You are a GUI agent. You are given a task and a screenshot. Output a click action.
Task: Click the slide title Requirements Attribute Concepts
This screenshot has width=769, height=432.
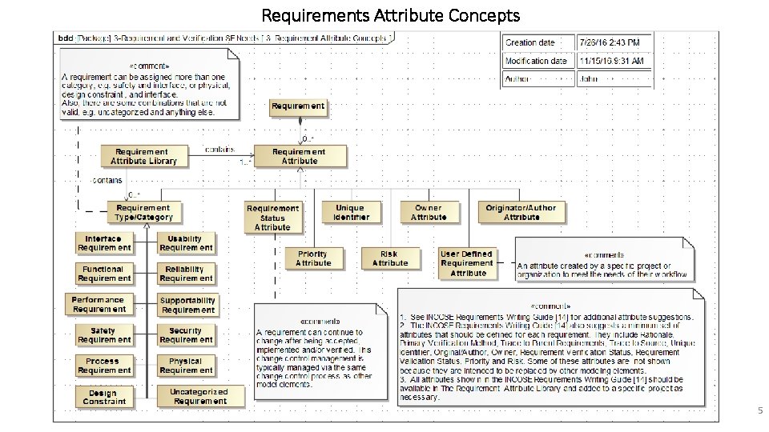[391, 14]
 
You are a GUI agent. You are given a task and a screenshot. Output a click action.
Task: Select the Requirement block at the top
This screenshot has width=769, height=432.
[298, 106]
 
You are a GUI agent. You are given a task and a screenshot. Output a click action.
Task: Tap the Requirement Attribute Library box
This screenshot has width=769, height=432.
[144, 156]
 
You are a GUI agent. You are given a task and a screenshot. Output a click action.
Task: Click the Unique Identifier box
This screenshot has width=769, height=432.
[350, 212]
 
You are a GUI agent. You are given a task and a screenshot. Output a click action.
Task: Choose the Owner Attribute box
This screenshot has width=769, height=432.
[429, 212]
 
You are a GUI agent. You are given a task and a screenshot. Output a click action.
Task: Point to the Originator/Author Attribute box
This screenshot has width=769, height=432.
[521, 212]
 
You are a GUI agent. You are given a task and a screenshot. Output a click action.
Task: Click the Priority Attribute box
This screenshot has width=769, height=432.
[312, 258]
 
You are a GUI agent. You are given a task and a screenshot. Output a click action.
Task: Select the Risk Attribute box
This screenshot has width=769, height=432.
[390, 258]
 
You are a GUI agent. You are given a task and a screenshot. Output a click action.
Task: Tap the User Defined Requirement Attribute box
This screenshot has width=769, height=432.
[468, 263]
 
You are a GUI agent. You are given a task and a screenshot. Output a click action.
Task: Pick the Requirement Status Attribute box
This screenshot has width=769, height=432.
[272, 218]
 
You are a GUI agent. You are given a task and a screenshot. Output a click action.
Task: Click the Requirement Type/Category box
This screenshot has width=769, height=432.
[144, 212]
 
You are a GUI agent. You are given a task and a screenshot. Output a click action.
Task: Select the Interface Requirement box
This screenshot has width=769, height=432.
[103, 243]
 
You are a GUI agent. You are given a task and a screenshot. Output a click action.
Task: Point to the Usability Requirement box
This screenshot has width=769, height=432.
[186, 243]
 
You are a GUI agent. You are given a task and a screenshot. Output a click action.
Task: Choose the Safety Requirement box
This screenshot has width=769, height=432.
[103, 335]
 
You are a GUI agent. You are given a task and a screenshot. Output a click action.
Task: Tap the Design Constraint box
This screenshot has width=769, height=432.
[103, 397]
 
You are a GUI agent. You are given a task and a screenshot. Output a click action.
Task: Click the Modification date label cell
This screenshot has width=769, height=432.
[537, 61]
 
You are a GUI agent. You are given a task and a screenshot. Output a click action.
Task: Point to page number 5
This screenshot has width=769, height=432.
[760, 410]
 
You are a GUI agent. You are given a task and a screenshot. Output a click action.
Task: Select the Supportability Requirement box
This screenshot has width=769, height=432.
[187, 305]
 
